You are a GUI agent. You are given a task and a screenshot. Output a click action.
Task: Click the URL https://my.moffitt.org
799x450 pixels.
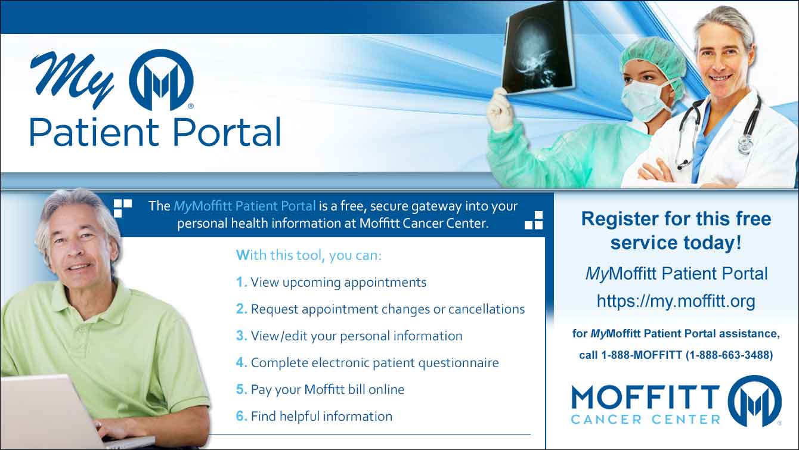[676, 302]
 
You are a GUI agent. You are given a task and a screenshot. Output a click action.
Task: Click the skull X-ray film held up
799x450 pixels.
[538, 48]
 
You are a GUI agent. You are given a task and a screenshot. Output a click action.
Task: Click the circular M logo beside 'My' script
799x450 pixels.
[161, 80]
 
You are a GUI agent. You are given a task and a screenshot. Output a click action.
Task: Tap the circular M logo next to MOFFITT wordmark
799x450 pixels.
[754, 401]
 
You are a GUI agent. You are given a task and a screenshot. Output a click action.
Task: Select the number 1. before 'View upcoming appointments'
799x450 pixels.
[241, 282]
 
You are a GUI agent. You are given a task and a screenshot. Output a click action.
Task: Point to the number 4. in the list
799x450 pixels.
[241, 362]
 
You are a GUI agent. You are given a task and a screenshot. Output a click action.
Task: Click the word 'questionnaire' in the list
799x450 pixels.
[459, 364]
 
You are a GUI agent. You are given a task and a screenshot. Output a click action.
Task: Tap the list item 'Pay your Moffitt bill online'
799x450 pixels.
[327, 390]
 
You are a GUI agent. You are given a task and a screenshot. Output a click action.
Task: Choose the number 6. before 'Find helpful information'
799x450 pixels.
[241, 416]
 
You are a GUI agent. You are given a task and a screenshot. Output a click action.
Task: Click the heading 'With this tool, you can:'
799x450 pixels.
[309, 255]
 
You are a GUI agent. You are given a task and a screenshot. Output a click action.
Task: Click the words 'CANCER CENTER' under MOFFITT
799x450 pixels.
[646, 420]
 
